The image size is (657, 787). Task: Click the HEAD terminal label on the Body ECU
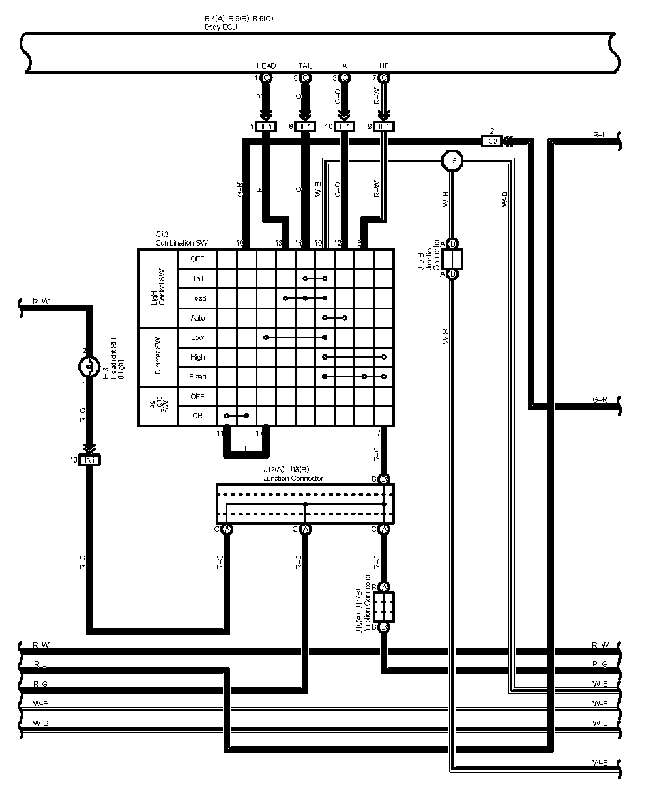[266, 66]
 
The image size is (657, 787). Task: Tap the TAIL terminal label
[305, 66]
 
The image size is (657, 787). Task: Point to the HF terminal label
[383, 66]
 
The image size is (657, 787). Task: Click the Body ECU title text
[220, 27]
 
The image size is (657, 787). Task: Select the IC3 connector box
[491, 141]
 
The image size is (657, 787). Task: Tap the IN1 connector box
[90, 460]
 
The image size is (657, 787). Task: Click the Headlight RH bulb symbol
[87, 367]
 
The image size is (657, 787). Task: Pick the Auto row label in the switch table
[197, 318]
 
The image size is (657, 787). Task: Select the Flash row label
[197, 377]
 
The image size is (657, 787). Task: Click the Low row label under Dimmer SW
[197, 337]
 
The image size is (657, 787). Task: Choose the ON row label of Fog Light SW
[197, 416]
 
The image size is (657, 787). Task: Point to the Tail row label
[197, 279]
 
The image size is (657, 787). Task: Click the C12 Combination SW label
[181, 238]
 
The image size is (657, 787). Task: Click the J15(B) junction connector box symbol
[452, 259]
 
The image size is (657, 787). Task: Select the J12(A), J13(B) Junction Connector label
[293, 475]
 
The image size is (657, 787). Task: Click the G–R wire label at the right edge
[600, 399]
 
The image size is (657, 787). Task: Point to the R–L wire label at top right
[600, 134]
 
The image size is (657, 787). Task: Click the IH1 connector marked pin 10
[344, 126]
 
